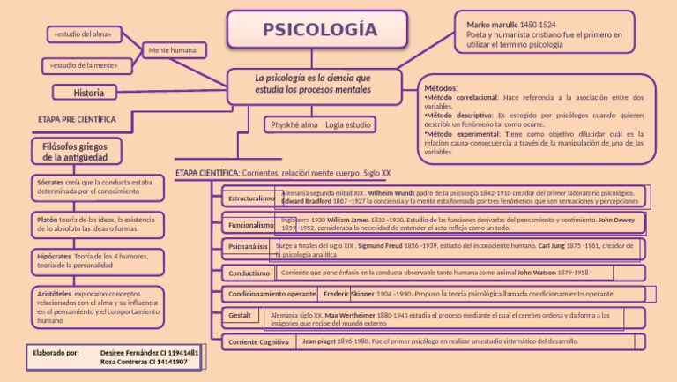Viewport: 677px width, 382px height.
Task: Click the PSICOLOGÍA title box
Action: tap(319, 30)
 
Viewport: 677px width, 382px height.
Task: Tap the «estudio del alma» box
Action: tap(82, 34)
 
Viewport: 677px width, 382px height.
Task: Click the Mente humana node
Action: tap(172, 50)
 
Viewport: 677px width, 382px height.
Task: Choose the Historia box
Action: tap(89, 92)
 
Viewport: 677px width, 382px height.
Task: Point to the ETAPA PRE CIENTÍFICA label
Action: tap(77, 118)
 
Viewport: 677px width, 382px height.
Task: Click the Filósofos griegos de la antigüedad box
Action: tap(76, 151)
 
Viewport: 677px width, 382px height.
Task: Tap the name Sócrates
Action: tap(50, 182)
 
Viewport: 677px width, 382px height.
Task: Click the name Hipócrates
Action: tap(54, 256)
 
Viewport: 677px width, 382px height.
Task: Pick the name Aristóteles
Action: tap(55, 292)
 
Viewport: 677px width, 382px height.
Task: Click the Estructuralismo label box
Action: tap(250, 198)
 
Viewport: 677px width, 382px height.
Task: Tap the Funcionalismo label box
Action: tap(250, 225)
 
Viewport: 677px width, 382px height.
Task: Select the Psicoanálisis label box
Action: tap(249, 247)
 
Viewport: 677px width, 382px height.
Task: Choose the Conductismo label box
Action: tap(249, 273)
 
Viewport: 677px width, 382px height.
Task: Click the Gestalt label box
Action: tap(240, 315)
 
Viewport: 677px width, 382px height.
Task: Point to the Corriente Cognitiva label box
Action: tap(258, 341)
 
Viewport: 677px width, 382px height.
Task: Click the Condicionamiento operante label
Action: tap(272, 293)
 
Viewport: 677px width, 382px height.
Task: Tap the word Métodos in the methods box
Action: tap(441, 88)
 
